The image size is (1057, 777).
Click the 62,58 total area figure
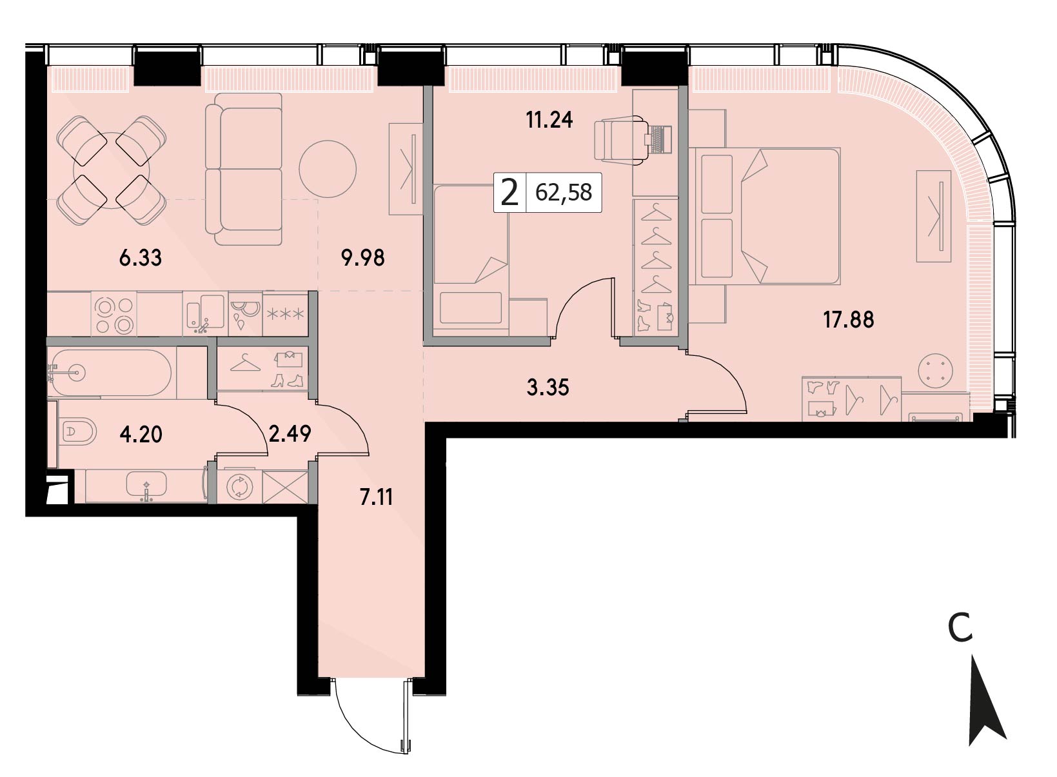pos(564,193)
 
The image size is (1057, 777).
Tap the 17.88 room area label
pos(849,319)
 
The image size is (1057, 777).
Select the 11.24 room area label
pos(549,120)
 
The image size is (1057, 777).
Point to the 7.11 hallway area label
pos(376,497)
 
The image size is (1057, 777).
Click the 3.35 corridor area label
pos(548,388)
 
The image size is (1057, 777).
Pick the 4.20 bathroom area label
pos(141,434)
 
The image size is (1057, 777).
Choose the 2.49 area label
pos(290,433)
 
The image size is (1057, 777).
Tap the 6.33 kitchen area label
pos(141,258)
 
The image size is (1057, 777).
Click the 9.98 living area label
pos(363,258)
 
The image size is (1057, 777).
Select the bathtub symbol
pos(112,373)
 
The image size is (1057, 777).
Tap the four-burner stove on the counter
pos(114,314)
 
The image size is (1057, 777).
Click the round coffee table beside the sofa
pos(328,169)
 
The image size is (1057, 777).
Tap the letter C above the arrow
pos(960,629)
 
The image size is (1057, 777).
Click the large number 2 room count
pos(509,193)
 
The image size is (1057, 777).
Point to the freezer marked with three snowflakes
pos(286,315)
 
